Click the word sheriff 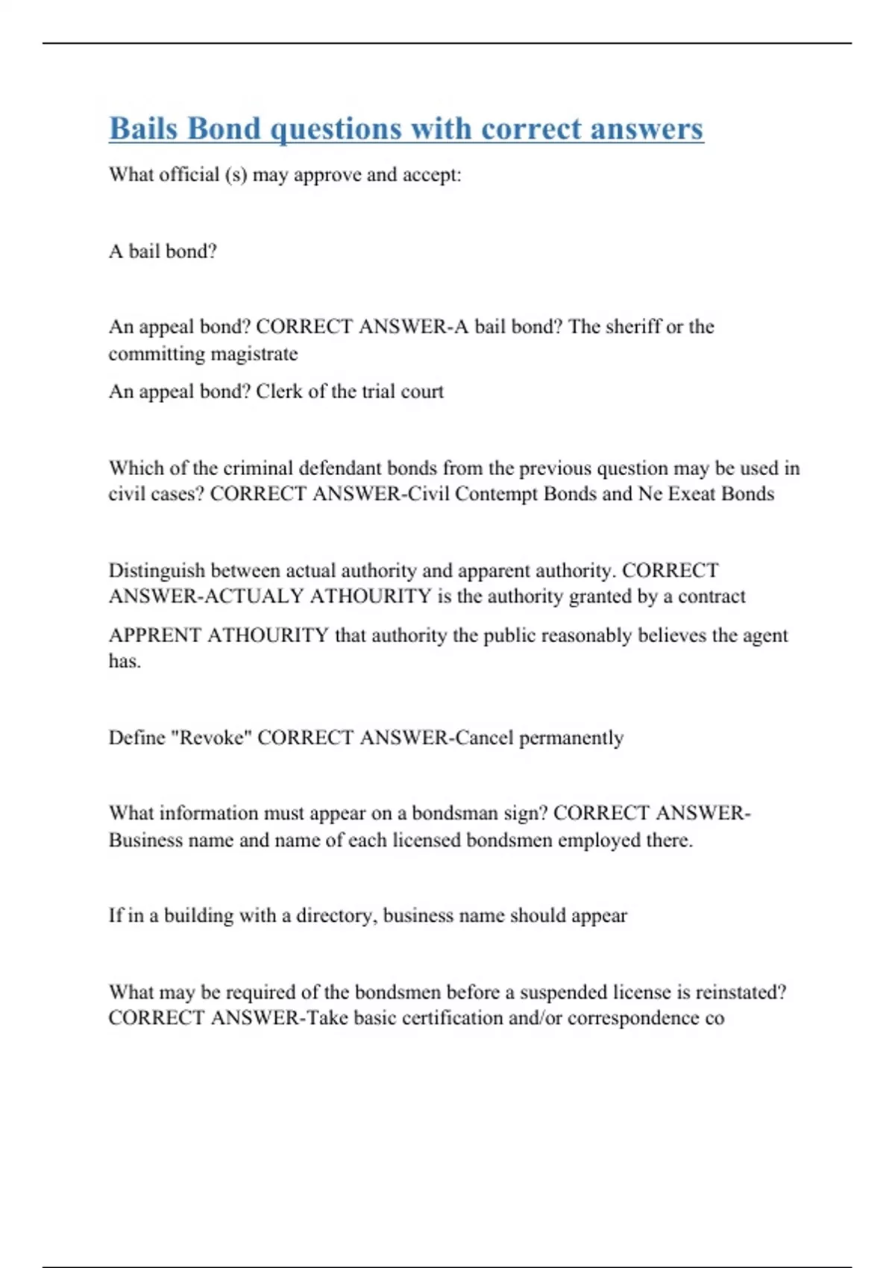pyautogui.click(x=633, y=327)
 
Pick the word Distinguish pyautogui.click(x=157, y=571)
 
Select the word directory pyautogui.click(x=336, y=916)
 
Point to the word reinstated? pyautogui.click(x=741, y=992)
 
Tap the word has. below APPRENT pyautogui.click(x=125, y=662)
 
